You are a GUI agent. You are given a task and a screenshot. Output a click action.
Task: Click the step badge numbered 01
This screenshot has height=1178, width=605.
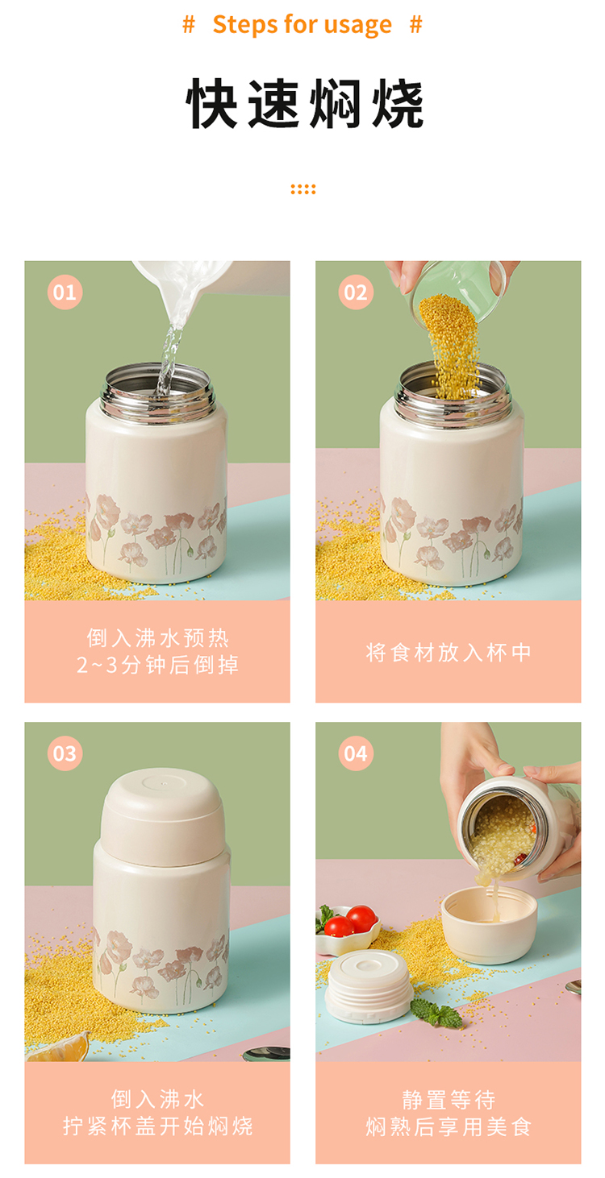(65, 292)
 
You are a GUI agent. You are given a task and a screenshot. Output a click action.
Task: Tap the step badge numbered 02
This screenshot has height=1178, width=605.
(356, 292)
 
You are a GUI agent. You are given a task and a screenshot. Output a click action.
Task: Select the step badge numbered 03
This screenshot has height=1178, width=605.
(65, 753)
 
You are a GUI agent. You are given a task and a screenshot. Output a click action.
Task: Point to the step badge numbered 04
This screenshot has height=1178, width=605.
(356, 753)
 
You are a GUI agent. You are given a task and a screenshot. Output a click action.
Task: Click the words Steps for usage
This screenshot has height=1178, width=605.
(302, 25)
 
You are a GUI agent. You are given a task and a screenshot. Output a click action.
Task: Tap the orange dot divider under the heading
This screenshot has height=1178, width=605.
(302, 189)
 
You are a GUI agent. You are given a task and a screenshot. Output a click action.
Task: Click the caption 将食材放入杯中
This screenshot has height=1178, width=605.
(448, 652)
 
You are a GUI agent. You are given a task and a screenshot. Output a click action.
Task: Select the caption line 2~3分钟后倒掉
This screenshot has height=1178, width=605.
(157, 666)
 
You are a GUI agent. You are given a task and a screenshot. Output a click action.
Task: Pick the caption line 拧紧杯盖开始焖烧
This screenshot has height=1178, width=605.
(157, 1126)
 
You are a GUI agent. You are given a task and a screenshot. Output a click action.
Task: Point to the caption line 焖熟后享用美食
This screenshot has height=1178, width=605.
(448, 1126)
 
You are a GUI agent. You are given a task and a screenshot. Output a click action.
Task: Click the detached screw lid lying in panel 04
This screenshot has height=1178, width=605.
(369, 985)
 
